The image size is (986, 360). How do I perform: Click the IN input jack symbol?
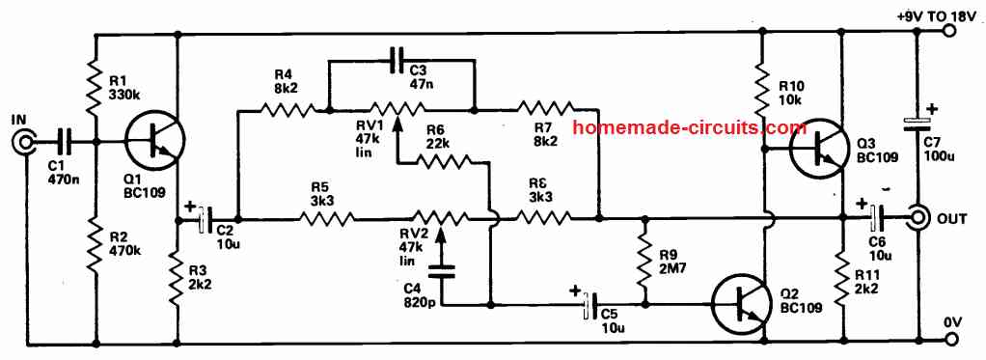(x=23, y=144)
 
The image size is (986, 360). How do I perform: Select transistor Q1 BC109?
(x=151, y=143)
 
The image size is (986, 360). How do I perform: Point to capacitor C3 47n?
(x=398, y=61)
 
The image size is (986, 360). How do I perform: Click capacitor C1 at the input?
(x=64, y=143)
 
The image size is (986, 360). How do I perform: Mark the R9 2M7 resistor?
(x=644, y=261)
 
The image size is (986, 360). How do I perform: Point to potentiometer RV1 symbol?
(x=399, y=109)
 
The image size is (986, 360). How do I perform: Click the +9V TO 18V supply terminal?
(x=949, y=32)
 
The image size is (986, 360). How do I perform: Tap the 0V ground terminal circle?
(x=949, y=339)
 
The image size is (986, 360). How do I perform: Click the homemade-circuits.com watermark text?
(x=689, y=127)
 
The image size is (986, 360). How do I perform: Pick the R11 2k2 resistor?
(x=842, y=275)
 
